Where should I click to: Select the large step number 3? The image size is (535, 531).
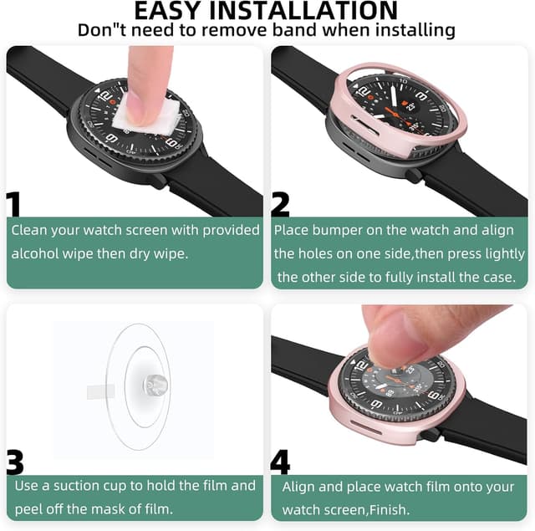point(15,463)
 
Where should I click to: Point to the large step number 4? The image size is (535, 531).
point(281,463)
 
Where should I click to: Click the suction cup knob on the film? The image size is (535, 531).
point(155,385)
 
